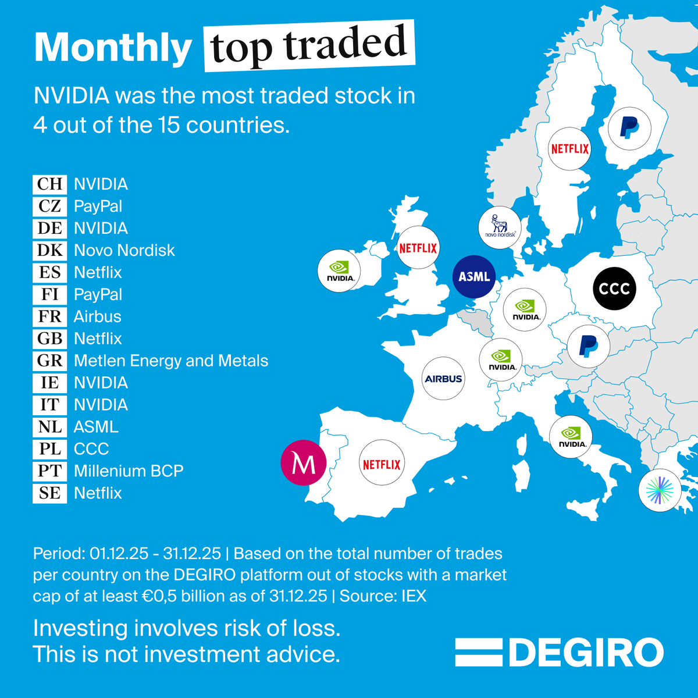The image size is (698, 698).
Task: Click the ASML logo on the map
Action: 474,277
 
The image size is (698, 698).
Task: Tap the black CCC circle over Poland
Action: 614,289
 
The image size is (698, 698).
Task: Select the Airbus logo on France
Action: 443,379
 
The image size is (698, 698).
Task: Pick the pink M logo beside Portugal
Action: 303,463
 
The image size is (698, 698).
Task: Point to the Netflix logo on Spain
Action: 381,464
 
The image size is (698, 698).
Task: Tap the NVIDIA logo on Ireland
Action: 340,270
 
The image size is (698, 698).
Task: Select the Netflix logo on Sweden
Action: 570,149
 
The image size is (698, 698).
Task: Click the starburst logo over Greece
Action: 660,490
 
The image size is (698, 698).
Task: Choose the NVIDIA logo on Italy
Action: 571,437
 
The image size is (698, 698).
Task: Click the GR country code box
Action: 49,361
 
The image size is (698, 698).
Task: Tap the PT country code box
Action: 49,471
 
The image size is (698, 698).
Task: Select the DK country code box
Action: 49,250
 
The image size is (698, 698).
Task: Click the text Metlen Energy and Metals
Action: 171,361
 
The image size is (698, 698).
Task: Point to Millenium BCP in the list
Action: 129,471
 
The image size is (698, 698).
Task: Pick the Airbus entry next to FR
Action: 98,316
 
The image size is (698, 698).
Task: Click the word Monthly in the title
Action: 113,48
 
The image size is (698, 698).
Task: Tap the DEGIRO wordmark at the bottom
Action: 586,653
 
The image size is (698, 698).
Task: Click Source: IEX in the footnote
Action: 383,596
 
